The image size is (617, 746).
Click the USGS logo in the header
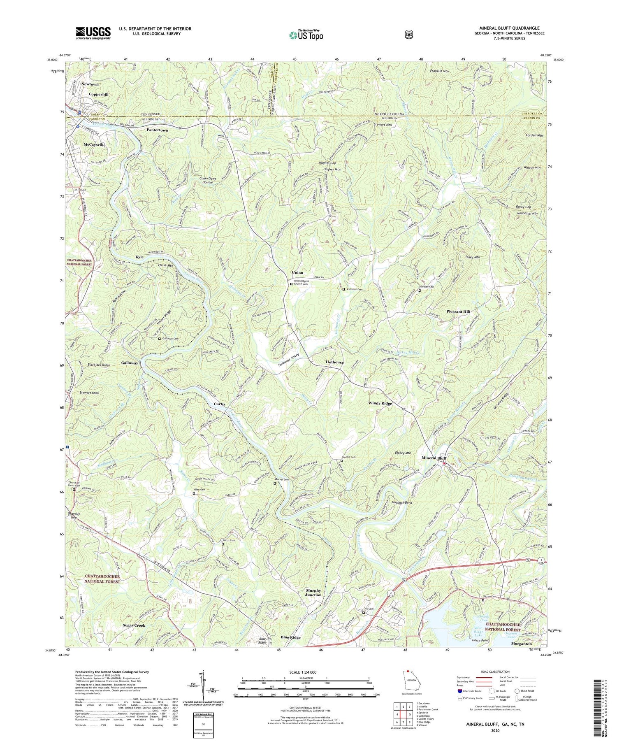pos(93,33)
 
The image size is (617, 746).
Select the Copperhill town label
pos(98,94)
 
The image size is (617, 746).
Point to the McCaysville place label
pos(94,145)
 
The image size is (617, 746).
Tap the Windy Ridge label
pos(380,404)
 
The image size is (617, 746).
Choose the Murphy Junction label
pos(313,593)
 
